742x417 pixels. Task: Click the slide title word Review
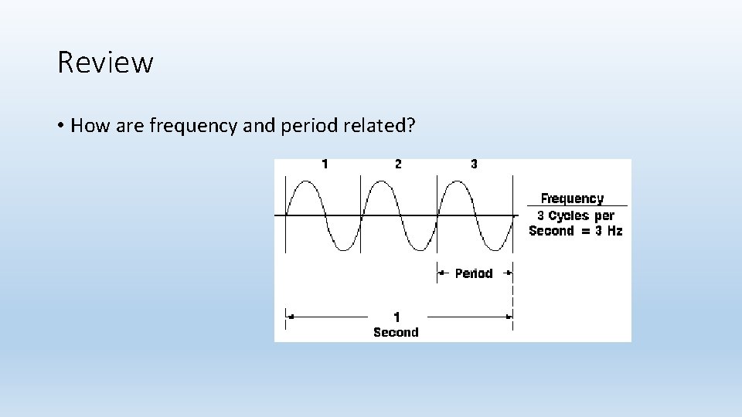coord(105,63)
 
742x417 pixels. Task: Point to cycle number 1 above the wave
coord(325,164)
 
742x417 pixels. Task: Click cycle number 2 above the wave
coord(398,164)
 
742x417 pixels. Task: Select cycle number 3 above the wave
coord(474,164)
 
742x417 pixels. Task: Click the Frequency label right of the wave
coord(572,198)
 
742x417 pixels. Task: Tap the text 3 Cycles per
coord(576,215)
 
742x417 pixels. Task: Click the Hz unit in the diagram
coord(614,231)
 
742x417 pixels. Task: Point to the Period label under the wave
coord(474,273)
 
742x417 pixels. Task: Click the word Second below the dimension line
coord(396,332)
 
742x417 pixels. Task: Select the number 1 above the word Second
coord(397,317)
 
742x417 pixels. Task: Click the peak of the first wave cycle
coord(305,182)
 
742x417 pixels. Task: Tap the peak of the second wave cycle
coord(380,182)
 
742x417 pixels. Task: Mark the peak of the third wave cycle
coord(456,182)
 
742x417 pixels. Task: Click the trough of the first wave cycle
coord(342,249)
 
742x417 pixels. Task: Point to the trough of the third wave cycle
coord(494,249)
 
